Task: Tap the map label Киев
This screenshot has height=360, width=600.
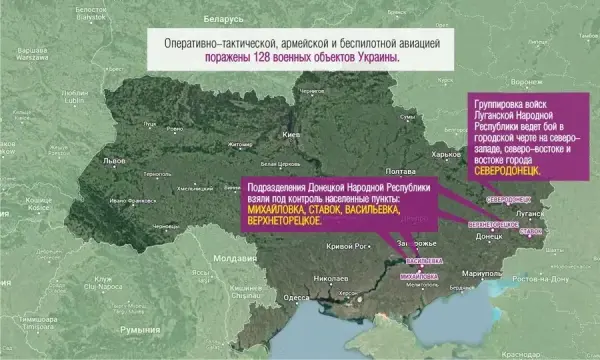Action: point(292,134)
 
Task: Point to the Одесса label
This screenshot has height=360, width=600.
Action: point(295,297)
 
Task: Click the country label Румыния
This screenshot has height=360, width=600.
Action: point(139,328)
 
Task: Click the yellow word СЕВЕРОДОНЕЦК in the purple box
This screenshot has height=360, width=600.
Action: point(510,172)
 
